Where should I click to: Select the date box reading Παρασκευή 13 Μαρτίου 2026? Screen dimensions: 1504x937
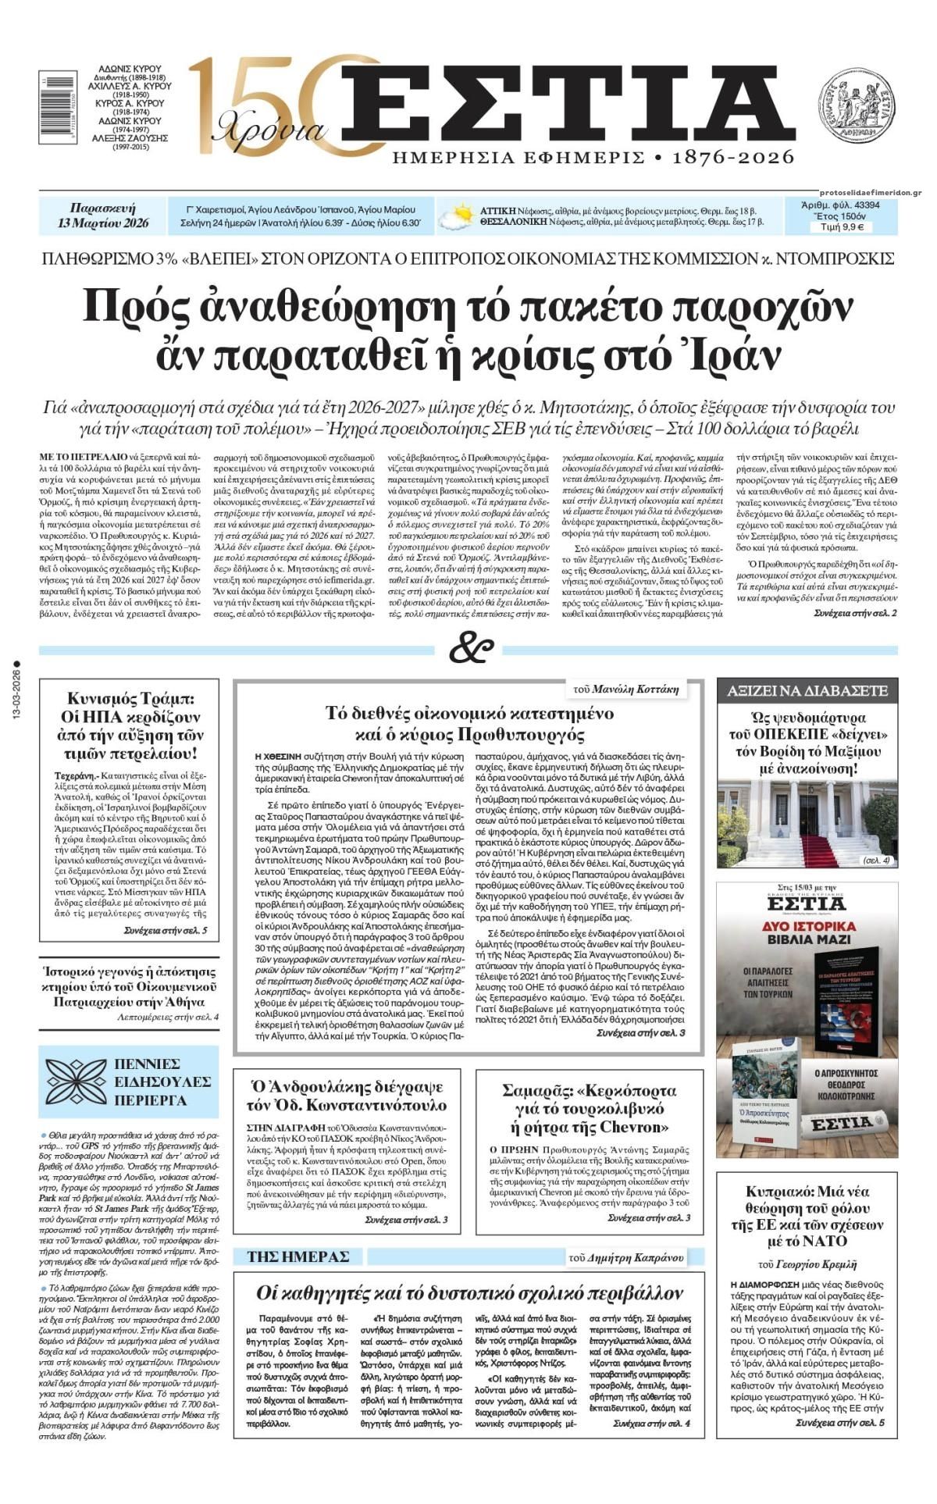[102, 216]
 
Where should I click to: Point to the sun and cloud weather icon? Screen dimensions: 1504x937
[456, 216]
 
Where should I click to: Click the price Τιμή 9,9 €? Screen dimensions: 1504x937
[842, 227]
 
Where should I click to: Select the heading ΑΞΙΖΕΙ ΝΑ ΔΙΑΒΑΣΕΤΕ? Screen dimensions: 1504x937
[807, 690]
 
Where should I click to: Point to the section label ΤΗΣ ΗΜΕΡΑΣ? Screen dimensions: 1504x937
[297, 1256]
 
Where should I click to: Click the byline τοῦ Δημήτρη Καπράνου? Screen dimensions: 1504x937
[626, 1257]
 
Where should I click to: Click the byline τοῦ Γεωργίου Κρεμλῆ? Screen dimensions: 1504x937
[807, 1263]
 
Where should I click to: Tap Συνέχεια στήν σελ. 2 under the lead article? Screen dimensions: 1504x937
[854, 614]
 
